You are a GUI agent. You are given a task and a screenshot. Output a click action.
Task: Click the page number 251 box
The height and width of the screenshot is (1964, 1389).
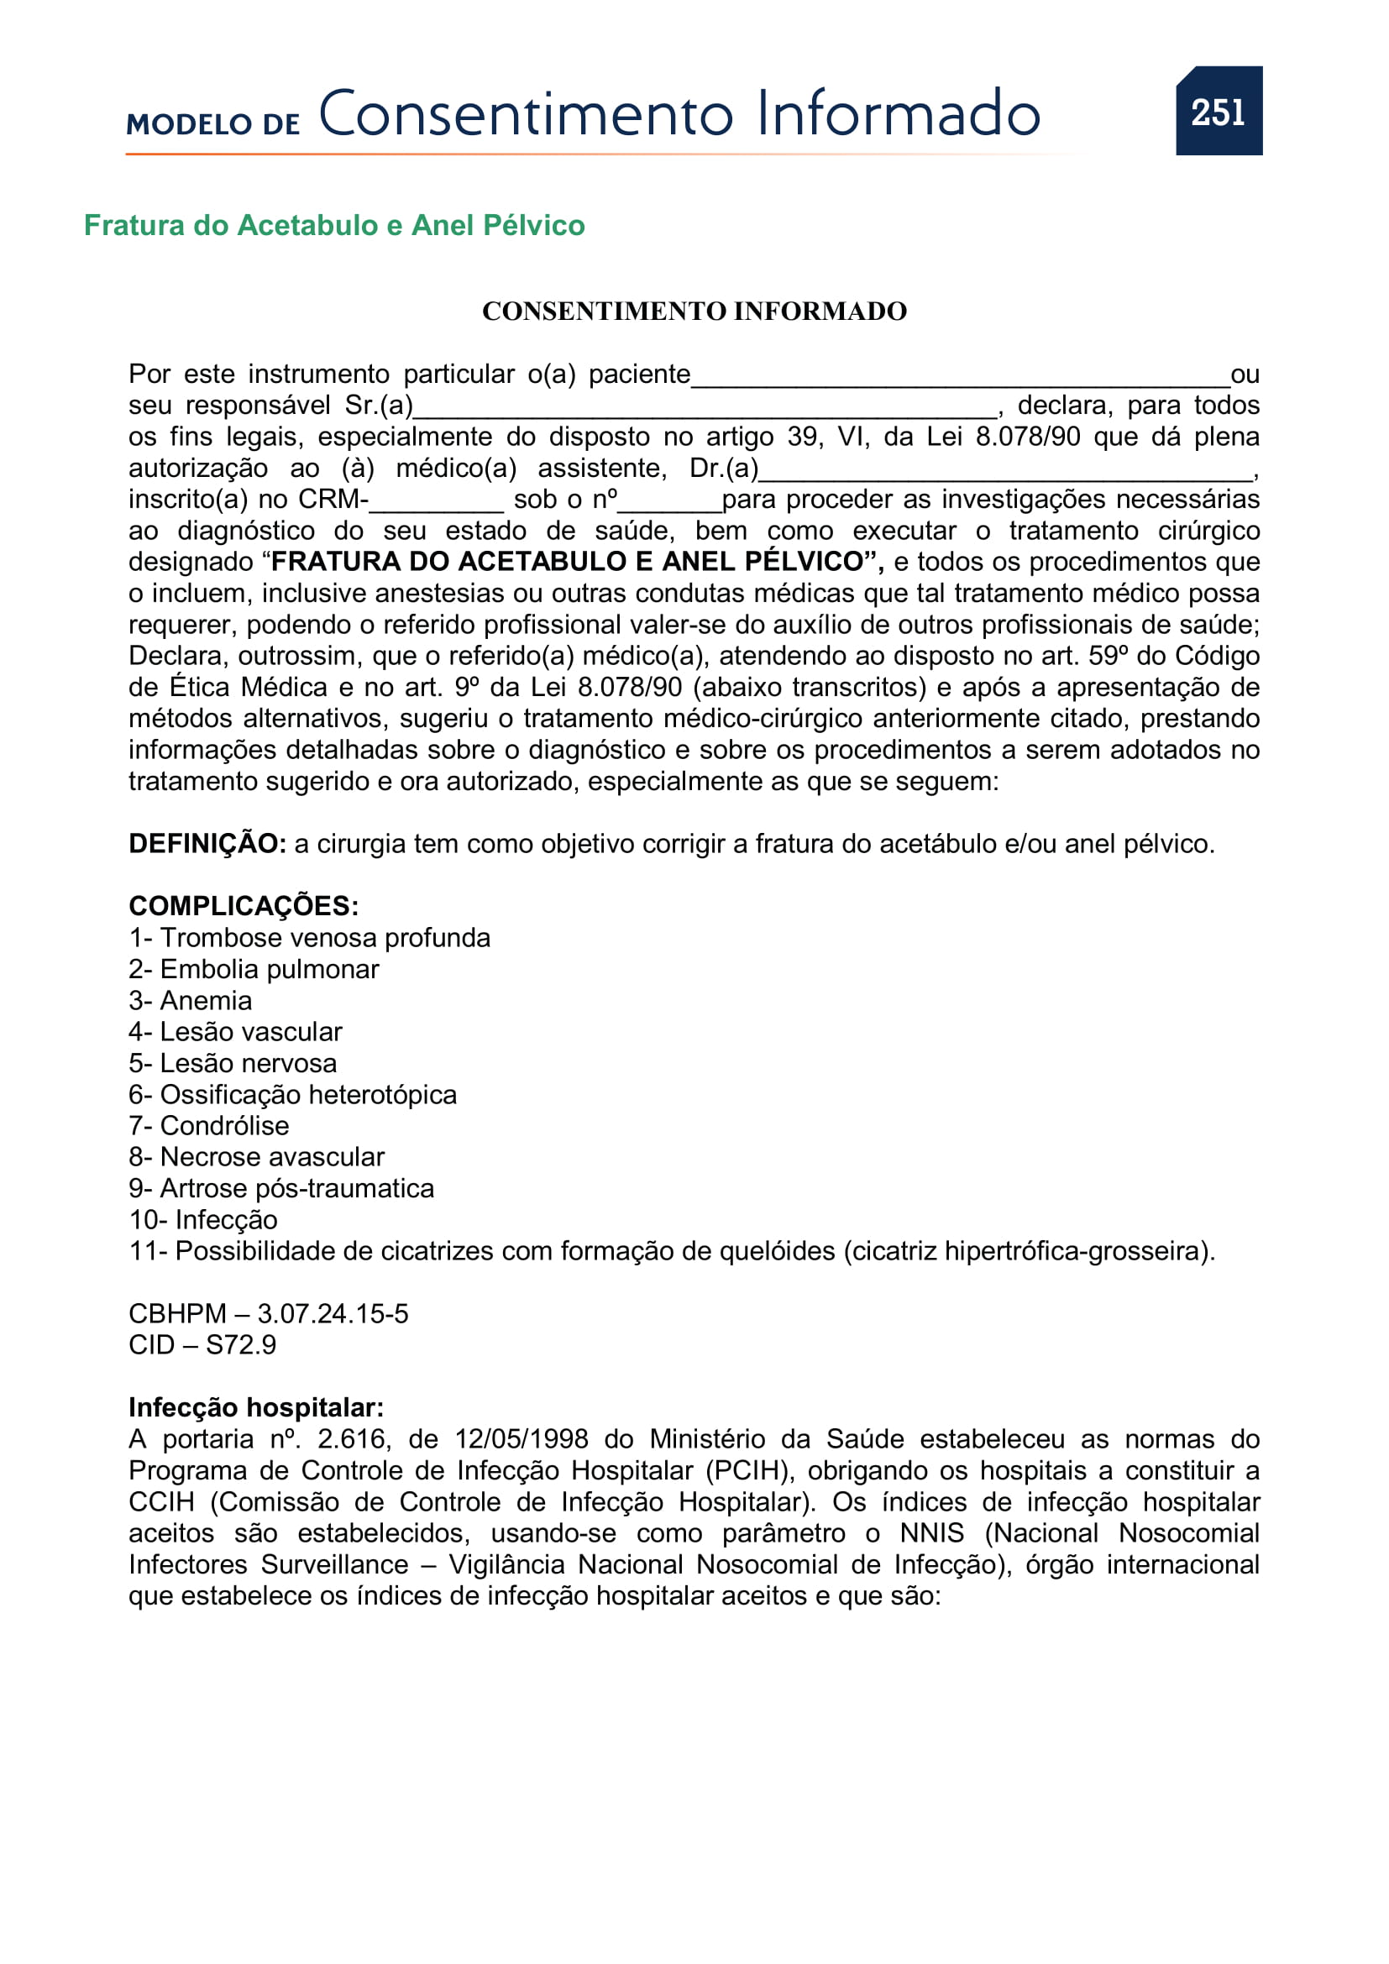[1218, 111]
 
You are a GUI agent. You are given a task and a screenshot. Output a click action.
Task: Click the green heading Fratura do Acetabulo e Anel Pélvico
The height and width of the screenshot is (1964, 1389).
[333, 225]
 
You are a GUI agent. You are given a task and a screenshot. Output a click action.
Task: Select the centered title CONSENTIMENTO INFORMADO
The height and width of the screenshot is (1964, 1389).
[694, 311]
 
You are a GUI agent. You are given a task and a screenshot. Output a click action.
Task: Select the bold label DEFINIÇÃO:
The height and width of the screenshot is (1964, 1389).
[207, 843]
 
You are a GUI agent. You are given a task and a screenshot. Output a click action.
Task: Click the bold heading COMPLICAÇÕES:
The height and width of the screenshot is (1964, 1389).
[243, 906]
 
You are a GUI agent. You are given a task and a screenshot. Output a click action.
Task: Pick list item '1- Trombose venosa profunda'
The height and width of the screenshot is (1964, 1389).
[309, 938]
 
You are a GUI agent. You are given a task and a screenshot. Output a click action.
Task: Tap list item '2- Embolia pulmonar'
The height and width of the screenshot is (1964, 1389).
[253, 969]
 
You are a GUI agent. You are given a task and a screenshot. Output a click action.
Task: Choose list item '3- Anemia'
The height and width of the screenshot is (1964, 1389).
[190, 1000]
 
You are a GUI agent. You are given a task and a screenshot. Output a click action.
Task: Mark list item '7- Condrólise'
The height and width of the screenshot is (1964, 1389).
[209, 1126]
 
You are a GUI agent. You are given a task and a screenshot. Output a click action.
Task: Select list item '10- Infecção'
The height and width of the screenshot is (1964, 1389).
[202, 1220]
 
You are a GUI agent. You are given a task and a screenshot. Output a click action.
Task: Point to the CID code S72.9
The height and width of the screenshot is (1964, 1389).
[240, 1344]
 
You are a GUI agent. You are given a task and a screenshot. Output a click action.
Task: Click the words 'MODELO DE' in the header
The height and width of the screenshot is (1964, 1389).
[213, 124]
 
